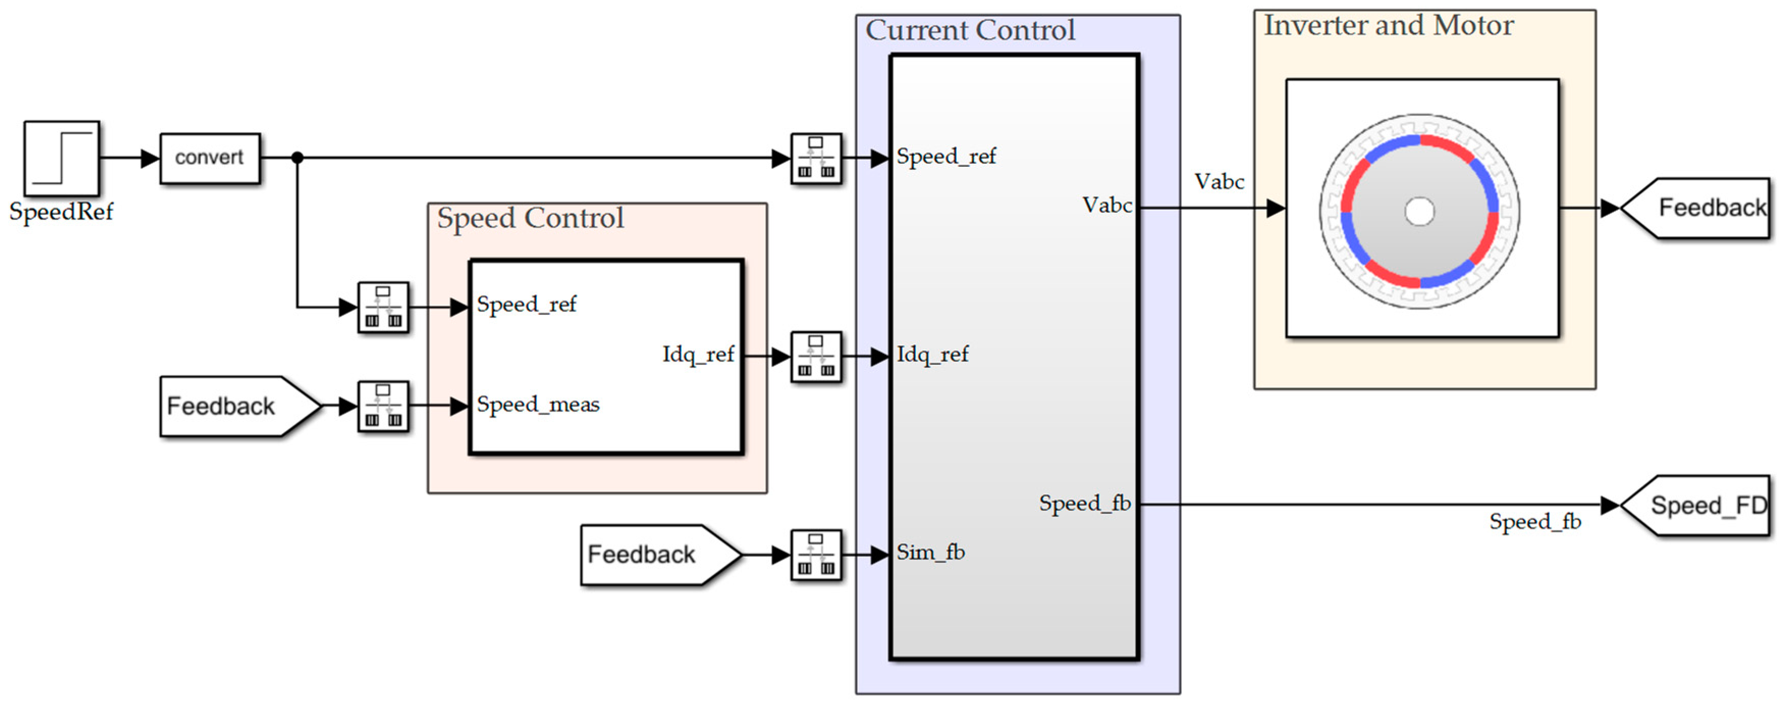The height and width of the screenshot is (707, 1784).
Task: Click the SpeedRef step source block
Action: click(x=62, y=158)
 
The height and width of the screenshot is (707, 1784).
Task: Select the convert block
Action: click(x=210, y=158)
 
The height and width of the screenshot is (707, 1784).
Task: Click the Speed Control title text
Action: click(x=530, y=218)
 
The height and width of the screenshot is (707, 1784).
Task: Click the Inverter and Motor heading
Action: click(x=1389, y=26)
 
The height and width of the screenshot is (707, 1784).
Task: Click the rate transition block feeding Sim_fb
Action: click(x=817, y=554)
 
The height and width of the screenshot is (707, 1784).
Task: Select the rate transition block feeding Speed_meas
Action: click(x=383, y=406)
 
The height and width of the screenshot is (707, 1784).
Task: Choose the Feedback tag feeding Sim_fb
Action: click(x=661, y=554)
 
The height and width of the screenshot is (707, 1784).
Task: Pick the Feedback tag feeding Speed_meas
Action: click(x=241, y=406)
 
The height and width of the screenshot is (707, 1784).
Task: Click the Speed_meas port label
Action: click(x=538, y=404)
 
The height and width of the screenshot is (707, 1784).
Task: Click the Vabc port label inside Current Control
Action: click(x=1107, y=205)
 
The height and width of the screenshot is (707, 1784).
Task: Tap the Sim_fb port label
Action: click(x=931, y=552)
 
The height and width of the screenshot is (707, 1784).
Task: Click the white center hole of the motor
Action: click(x=1420, y=211)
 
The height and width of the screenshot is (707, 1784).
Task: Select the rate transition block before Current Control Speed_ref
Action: click(x=817, y=158)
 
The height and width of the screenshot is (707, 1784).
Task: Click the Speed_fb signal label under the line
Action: click(x=1535, y=522)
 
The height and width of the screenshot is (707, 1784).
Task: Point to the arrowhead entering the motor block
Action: click(x=1277, y=208)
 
